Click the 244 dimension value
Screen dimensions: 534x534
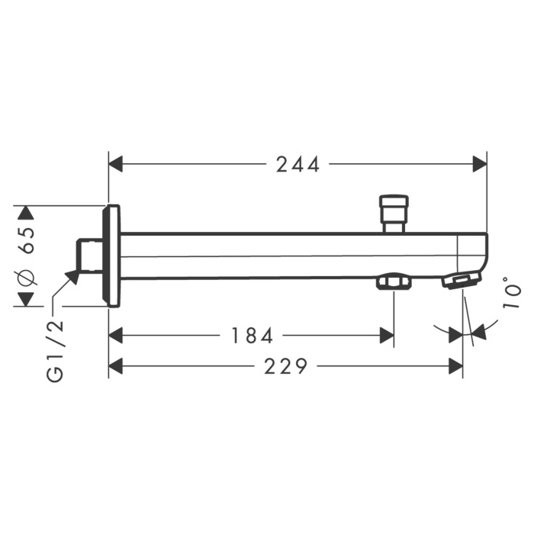coord(298,164)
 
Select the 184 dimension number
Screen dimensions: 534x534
coord(253,335)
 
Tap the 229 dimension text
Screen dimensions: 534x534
coord(286,366)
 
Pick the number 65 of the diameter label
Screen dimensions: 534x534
coord(27,241)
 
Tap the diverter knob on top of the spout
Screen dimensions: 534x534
coord(394,214)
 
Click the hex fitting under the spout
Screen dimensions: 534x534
coord(394,281)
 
